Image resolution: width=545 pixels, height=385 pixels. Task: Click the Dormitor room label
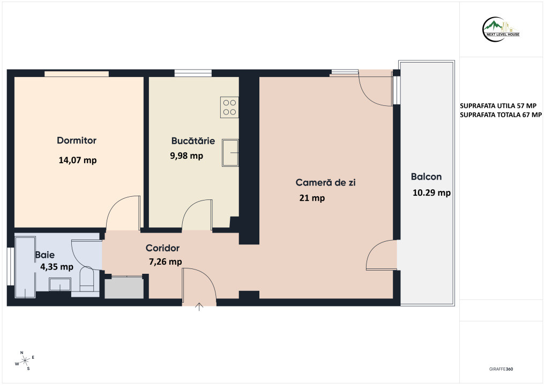coord(77,141)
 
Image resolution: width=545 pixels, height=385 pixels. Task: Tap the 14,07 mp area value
coord(78,160)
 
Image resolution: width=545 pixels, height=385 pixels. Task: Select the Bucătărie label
coord(193,141)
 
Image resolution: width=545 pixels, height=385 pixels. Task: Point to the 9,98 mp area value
coord(186,156)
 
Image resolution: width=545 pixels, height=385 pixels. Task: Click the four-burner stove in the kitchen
coord(229,107)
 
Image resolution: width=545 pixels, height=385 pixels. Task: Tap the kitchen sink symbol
coord(230,153)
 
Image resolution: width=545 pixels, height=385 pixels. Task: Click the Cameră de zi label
coord(325,182)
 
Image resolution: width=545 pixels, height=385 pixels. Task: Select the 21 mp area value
coord(312,198)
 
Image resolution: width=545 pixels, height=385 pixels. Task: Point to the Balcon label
coord(426,176)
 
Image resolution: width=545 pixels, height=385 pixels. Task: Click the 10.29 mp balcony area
coord(432,193)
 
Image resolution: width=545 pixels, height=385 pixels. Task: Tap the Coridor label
coord(162,248)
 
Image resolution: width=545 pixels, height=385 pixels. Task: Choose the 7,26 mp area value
coord(166,261)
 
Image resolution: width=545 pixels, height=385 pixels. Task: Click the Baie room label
coord(45,255)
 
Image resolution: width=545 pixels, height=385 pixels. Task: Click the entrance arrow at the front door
coord(199,306)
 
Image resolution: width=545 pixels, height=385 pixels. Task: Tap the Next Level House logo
coord(501,29)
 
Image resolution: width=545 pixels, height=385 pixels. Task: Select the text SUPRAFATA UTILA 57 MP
coord(498,106)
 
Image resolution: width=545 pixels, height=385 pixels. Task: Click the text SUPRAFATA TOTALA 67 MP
coord(501,115)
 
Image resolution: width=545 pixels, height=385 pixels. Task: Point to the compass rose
coord(25,361)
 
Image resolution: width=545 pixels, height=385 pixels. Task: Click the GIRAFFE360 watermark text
coord(501,369)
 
